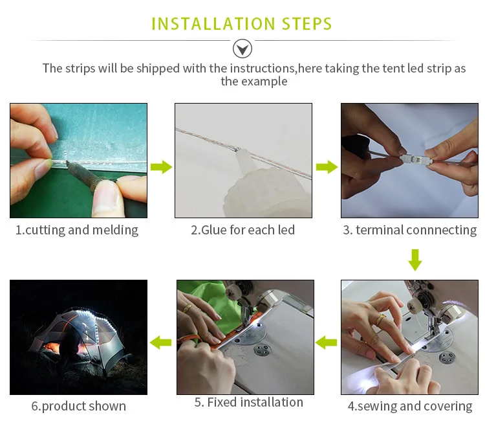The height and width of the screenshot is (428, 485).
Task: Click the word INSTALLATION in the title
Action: pos(213,24)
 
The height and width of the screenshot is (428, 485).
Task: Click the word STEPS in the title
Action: pos(307,24)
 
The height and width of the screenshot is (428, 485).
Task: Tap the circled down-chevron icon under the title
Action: pos(242,49)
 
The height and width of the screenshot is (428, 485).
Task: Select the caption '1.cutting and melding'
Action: pos(77,230)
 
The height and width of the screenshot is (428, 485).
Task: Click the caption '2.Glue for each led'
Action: pos(242,230)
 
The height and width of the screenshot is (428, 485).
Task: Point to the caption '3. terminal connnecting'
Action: pos(410,230)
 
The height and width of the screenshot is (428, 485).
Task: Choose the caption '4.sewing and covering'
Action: pos(410,406)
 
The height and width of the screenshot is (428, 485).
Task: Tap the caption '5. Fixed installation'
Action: pos(249,402)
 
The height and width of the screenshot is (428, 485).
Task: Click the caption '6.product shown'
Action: pos(78,406)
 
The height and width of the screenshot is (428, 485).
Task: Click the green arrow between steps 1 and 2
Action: pos(161,167)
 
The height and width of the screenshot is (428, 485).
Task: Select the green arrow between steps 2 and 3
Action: pos(327,167)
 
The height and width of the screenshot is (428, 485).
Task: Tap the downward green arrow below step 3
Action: pos(415,260)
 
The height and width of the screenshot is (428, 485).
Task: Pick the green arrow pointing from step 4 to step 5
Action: pos(326,343)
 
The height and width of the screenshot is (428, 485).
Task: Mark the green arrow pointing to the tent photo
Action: pos(160,343)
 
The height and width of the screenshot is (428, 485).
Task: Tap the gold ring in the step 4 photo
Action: pos(380,320)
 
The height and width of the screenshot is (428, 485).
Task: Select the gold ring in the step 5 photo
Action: pos(187,308)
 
